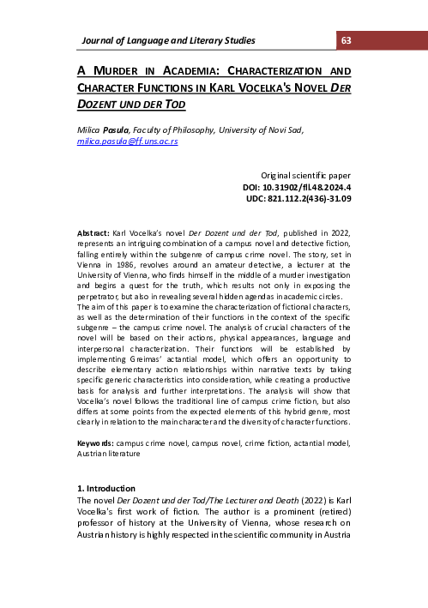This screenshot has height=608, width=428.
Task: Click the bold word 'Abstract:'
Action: (93, 232)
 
